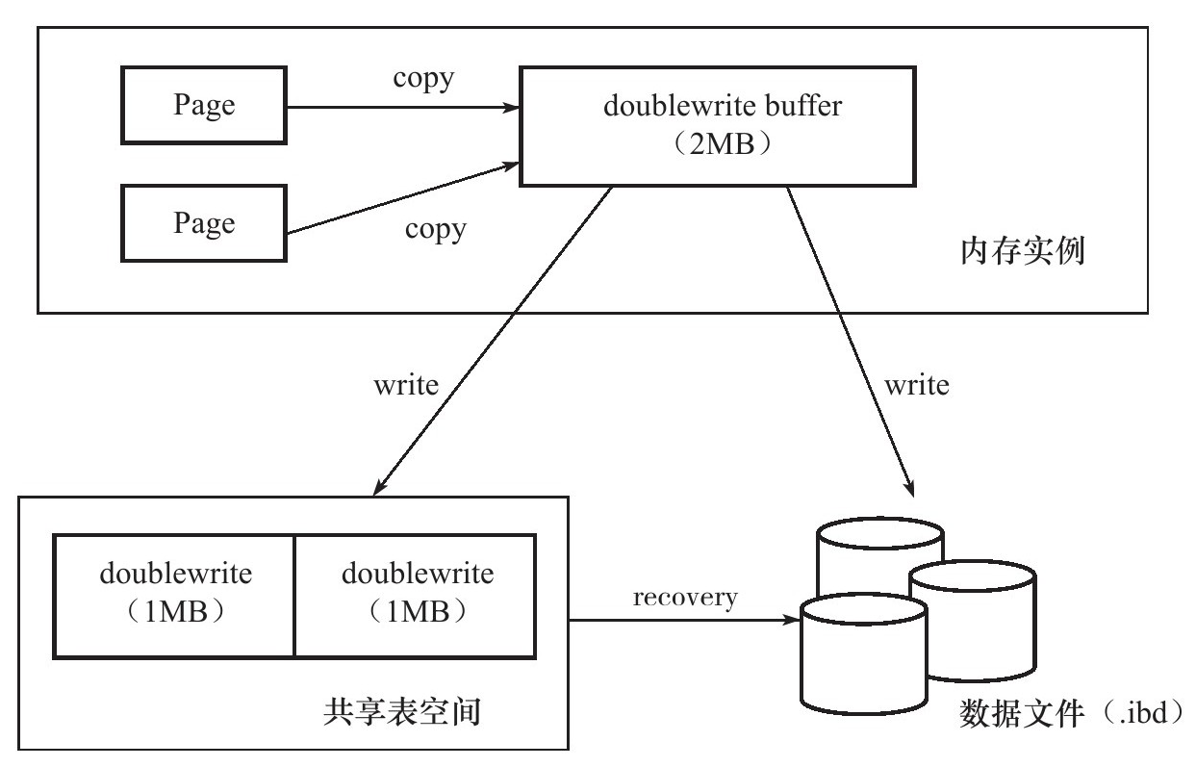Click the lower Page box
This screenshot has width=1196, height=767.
pyautogui.click(x=205, y=223)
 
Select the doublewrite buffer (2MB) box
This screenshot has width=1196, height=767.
pyautogui.click(x=717, y=125)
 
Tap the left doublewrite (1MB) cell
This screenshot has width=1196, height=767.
pyautogui.click(x=174, y=597)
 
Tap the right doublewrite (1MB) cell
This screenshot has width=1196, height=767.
pyautogui.click(x=417, y=597)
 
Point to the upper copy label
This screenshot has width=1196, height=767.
pyautogui.click(x=423, y=78)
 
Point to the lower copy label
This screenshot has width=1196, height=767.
pyautogui.click(x=434, y=229)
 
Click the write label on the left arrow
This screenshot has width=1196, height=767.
pyautogui.click(x=405, y=386)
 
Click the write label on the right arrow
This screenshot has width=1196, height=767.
pyautogui.click(x=916, y=386)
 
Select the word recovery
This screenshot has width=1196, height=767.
pyautogui.click(x=685, y=598)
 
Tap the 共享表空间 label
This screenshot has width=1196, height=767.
pyautogui.click(x=398, y=713)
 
